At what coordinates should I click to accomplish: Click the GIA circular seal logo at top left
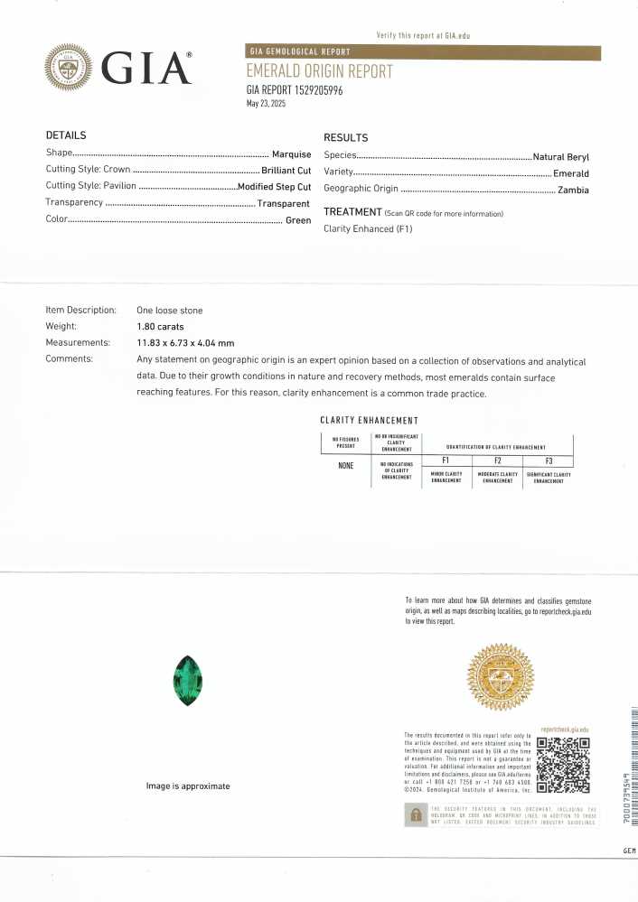pos(70,70)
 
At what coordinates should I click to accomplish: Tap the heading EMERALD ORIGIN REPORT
pos(319,71)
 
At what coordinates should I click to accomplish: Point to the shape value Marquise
pos(291,154)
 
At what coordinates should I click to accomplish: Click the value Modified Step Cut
pos(274,187)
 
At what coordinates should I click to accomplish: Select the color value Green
pos(298,220)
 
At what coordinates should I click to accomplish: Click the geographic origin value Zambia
pos(573,190)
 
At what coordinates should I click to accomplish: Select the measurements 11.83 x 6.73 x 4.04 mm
pos(185,343)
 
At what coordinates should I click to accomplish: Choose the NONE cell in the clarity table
pos(345,466)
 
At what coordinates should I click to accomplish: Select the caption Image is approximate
pos(188,786)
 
